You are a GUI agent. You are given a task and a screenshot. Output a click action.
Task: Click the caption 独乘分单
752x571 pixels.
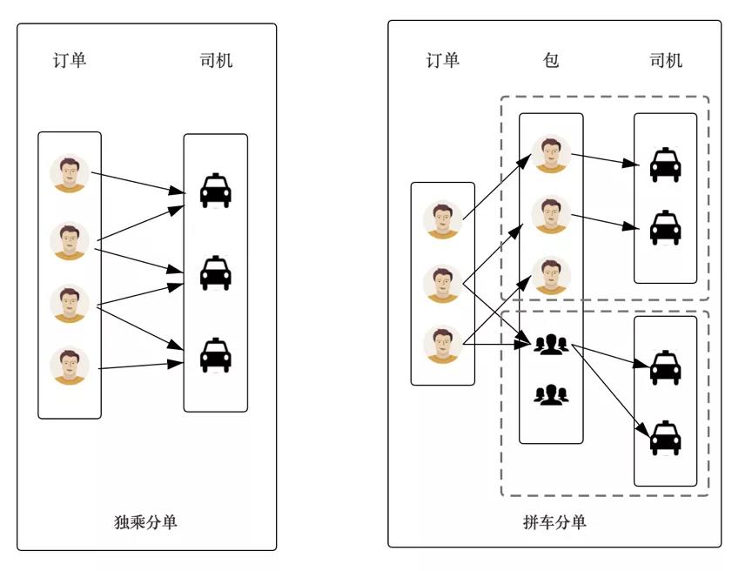[146, 521]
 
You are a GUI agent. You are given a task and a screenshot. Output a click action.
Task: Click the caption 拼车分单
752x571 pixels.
[554, 521]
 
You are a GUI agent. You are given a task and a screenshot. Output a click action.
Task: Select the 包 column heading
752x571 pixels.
[550, 60]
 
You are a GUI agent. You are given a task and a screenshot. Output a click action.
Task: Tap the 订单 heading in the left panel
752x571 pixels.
[69, 60]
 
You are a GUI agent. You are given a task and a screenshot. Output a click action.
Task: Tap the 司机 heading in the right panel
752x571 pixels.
[666, 60]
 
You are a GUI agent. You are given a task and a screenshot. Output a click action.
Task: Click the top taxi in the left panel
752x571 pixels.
[216, 191]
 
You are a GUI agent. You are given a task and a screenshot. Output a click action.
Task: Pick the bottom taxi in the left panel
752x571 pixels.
[216, 355]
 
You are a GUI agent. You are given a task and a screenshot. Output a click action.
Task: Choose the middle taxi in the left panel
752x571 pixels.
[216, 272]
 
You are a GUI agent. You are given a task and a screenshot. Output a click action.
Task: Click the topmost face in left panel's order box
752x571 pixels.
[69, 174]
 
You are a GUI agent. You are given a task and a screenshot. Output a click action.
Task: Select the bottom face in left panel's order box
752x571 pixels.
[69, 366]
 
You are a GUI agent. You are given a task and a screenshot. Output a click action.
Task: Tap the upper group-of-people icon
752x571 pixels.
[550, 345]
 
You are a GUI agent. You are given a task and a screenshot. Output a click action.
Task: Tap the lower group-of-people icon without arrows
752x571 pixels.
[550, 395]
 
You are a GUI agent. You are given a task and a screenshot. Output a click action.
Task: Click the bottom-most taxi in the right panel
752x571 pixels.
[666, 438]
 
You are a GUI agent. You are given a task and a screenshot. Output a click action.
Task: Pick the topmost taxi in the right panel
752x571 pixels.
[666, 165]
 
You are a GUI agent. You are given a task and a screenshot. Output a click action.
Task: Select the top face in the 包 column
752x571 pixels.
[550, 154]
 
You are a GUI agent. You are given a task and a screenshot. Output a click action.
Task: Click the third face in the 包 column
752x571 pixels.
[550, 276]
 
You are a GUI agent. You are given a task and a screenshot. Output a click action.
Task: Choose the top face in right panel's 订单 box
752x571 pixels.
[442, 220]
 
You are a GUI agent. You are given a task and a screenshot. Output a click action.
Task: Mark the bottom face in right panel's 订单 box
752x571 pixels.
[442, 345]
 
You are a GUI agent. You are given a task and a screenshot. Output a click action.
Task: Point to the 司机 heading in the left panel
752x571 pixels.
[216, 60]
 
